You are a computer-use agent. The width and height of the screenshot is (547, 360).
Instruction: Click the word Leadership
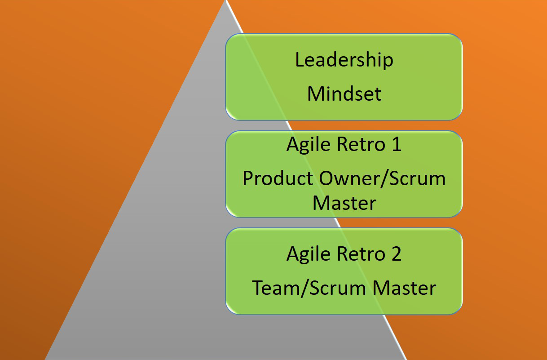[x=344, y=60]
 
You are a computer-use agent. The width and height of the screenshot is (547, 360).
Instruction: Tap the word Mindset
[x=344, y=93]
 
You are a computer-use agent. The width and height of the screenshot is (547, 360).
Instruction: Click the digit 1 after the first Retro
[x=396, y=145]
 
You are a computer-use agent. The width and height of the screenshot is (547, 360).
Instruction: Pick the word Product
[x=278, y=178]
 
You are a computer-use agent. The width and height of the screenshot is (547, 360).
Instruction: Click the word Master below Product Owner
[x=344, y=203]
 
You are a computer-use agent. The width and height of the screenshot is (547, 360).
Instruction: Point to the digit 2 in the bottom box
[x=396, y=254]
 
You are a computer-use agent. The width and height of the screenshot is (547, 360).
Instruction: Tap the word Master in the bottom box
[x=405, y=288]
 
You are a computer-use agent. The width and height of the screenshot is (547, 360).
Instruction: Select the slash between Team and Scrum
[x=302, y=288]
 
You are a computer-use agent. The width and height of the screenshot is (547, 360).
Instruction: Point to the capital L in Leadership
[x=300, y=60]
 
